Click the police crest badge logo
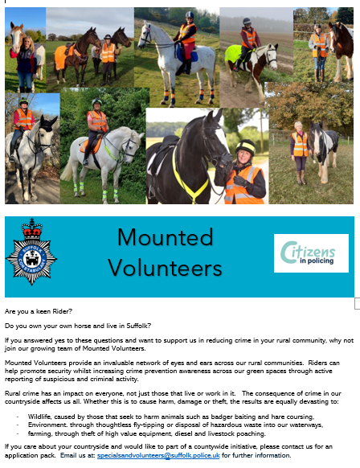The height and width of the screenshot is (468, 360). point(31,251)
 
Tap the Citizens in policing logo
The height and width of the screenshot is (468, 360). point(310,253)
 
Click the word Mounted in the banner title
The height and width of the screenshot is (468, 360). point(166,238)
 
